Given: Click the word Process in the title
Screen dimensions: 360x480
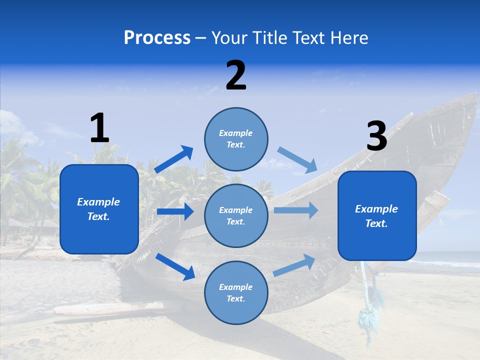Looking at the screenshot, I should click(157, 38).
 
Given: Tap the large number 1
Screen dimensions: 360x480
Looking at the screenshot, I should click(99, 128).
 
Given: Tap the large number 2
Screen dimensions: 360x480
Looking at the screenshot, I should click(236, 75).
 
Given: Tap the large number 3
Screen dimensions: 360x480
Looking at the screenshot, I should click(376, 136).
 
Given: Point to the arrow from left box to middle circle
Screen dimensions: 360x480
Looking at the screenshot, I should click(175, 211).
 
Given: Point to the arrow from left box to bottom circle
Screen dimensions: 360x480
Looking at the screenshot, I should click(175, 266).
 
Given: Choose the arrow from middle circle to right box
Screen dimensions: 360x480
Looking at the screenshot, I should click(296, 210).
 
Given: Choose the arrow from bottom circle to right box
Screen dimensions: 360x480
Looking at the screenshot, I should click(294, 265).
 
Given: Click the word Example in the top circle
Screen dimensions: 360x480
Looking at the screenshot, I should click(235, 133).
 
